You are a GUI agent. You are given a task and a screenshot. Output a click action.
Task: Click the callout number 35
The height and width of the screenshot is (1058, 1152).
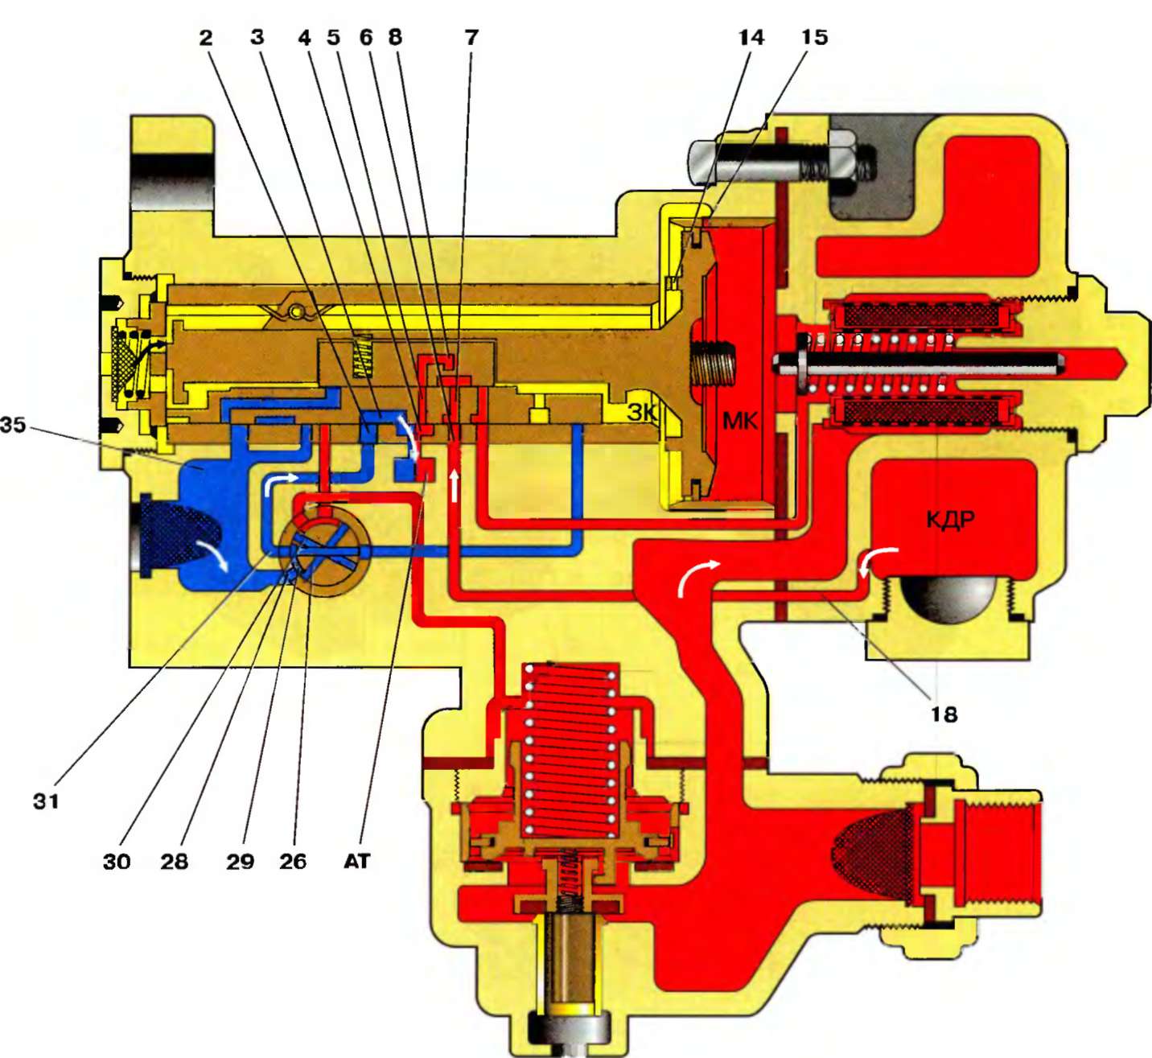coord(13,424)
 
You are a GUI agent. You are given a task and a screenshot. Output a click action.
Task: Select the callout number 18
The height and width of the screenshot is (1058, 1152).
coord(944,714)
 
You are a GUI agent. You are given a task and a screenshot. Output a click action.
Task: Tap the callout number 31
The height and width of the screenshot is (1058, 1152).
coord(46,801)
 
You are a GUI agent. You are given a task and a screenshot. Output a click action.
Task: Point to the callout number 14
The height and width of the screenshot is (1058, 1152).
coord(751,37)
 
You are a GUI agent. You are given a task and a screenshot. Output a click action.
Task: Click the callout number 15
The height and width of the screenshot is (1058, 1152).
coord(814,37)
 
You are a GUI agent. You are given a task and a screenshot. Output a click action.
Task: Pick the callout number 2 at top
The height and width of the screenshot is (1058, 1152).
coord(207,37)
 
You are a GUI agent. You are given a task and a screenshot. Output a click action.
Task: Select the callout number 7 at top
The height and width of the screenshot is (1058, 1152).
coord(471,37)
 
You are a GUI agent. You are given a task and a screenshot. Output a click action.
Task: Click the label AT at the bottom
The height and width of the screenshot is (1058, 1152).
coord(357,862)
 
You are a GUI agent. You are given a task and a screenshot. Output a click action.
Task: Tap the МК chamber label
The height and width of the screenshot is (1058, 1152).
coord(740,420)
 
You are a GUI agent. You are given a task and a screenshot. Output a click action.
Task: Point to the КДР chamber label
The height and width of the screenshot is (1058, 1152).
coord(950,519)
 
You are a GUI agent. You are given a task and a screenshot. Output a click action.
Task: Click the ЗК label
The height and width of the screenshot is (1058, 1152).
coord(642,413)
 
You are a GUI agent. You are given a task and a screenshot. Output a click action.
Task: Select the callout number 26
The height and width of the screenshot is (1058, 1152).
coord(293,862)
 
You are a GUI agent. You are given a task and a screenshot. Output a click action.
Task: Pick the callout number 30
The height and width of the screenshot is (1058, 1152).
coord(117,862)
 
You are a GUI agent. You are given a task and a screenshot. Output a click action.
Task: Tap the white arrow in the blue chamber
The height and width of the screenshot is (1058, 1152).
coord(211,554)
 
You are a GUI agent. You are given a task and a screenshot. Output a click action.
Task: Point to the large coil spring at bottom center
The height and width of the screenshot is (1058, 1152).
coord(570,748)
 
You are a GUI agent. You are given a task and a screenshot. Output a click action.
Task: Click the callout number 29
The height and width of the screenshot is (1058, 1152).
coord(240,862)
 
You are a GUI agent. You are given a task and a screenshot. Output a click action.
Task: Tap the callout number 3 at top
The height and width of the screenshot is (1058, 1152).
coord(257,37)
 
